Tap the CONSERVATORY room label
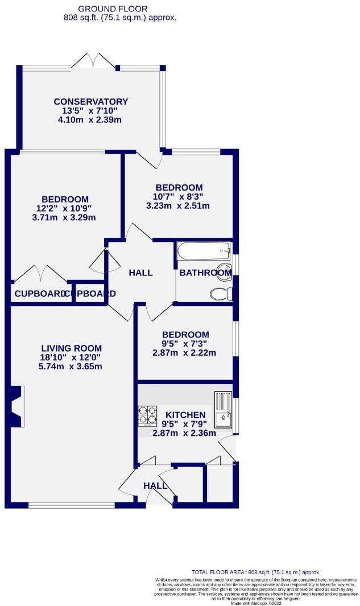pyautogui.click(x=91, y=102)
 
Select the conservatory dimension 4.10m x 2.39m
pyautogui.click(x=91, y=120)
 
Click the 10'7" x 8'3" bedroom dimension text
pyautogui.click(x=179, y=197)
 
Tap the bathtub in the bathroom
pyautogui.click(x=204, y=251)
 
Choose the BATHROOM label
pyautogui.click(x=205, y=273)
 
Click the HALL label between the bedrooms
pyautogui.click(x=140, y=273)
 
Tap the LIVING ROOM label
pyautogui.click(x=72, y=348)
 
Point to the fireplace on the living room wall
pyautogui.click(x=17, y=406)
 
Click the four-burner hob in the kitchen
pyautogui.click(x=147, y=416)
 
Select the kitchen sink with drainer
pyautogui.click(x=222, y=410)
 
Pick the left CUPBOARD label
pyautogui.click(x=39, y=294)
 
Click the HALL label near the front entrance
pyautogui.click(x=155, y=486)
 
